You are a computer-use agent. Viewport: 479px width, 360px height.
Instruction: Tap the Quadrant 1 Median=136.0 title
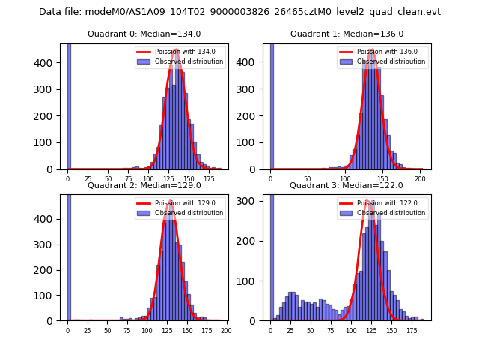pos(347,34)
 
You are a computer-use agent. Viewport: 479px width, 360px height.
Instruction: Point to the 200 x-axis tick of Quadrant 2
pos(226,330)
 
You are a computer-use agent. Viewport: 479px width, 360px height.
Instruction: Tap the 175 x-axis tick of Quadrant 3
pos(411,330)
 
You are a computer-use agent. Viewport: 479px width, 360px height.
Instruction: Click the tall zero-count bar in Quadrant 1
pos(272,105)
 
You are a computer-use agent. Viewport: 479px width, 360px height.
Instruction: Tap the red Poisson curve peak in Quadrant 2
pos(171,202)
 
